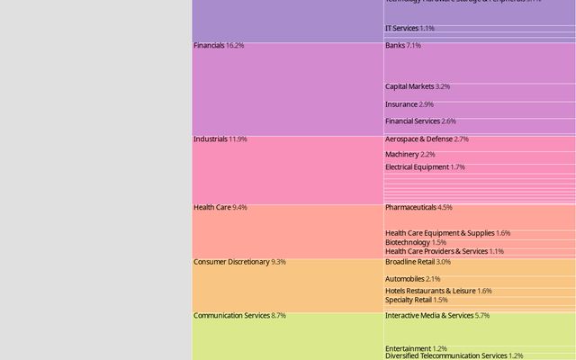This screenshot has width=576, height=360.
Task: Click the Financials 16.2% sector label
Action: pyautogui.click(x=219, y=45)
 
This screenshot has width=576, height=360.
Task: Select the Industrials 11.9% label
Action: pyautogui.click(x=220, y=139)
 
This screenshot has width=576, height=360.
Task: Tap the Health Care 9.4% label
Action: pyautogui.click(x=220, y=207)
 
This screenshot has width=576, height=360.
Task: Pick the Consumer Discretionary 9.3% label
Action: pyautogui.click(x=239, y=262)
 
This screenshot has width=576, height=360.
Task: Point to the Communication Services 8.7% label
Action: pyautogui.click(x=239, y=316)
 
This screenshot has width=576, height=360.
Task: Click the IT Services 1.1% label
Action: pyautogui.click(x=409, y=29)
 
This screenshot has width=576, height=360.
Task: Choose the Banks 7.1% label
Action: pyautogui.click(x=402, y=45)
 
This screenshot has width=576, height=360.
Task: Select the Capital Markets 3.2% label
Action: pyautogui.click(x=418, y=86)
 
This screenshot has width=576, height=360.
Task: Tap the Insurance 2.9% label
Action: pyautogui.click(x=409, y=104)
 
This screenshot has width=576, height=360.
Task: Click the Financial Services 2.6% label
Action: pyautogui.click(x=420, y=121)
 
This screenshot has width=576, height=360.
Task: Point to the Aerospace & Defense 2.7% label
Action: pyautogui.click(x=427, y=139)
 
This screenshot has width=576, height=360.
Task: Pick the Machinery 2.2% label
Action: pyautogui.click(x=409, y=155)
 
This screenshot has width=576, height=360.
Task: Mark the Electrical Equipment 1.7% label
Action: pyautogui.click(x=425, y=167)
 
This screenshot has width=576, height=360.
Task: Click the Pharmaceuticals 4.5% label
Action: pyautogui.click(x=418, y=207)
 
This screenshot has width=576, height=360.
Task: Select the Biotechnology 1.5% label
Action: pyautogui.click(x=415, y=242)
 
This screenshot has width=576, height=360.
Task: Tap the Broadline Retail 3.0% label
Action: pyautogui.click(x=418, y=262)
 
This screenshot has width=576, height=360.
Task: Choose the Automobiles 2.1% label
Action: pyautogui.click(x=413, y=279)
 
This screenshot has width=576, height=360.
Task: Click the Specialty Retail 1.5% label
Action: pyautogui.click(x=416, y=300)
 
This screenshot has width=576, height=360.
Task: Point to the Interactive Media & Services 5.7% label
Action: pyautogui.click(x=436, y=316)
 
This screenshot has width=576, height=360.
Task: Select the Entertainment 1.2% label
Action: pyautogui.click(x=416, y=348)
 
